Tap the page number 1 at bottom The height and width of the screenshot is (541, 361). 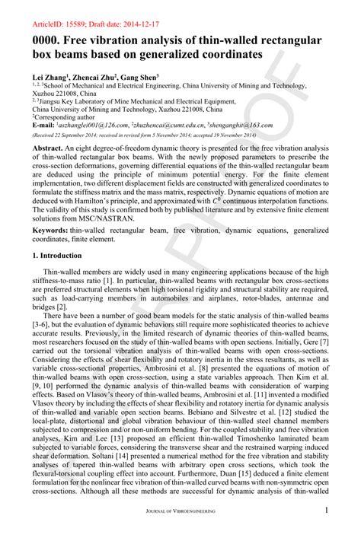coord(326,532)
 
